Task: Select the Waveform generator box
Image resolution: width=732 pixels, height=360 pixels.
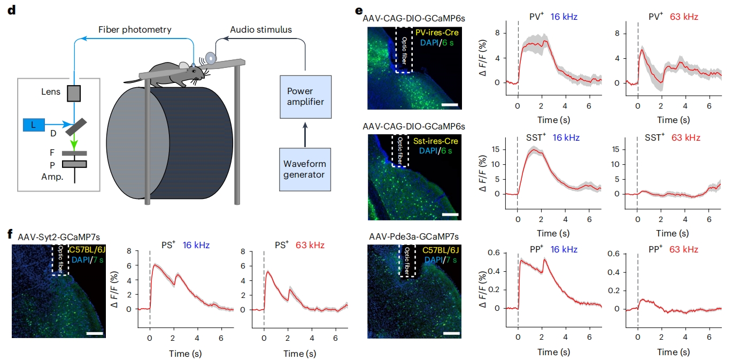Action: point(304,170)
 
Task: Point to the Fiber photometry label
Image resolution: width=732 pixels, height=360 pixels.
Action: point(135,30)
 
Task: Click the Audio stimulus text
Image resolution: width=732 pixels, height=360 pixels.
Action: point(261,29)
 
